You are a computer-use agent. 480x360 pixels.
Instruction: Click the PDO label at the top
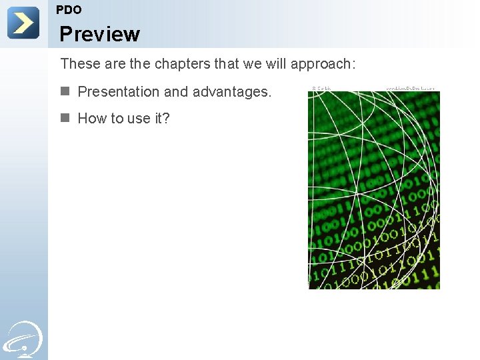69,10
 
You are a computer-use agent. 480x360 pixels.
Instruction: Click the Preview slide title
99,34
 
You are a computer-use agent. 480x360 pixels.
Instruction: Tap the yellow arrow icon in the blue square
23,23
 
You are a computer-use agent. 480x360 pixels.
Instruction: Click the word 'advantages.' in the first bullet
232,92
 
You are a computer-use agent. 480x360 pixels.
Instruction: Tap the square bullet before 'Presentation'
65,91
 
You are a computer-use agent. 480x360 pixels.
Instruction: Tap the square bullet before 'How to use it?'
65,117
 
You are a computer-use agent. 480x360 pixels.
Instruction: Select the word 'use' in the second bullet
139,119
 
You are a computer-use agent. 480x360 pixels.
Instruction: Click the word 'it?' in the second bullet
162,119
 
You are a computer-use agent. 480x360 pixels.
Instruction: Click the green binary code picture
373,190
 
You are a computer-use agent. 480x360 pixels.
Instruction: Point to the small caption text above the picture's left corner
322,88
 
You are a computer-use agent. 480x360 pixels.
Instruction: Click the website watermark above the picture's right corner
411,88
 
